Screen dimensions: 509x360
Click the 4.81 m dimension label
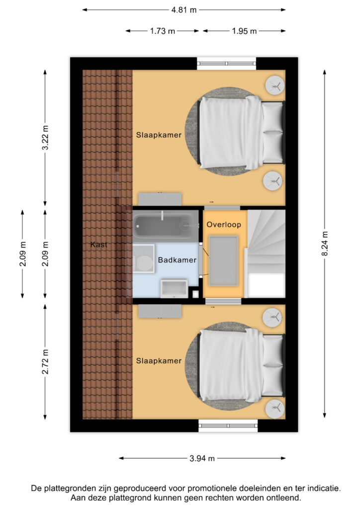tap(183, 9)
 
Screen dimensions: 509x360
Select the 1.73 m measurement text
tap(163, 31)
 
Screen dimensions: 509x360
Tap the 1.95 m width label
tap(244, 31)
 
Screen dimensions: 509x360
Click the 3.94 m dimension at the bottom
tap(202, 458)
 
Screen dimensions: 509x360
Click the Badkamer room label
tap(177, 259)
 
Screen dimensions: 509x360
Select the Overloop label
tap(224, 225)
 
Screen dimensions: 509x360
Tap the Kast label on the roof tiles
tap(99, 245)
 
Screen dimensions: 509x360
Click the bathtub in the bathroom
tap(163, 226)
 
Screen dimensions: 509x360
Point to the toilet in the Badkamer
tap(144, 262)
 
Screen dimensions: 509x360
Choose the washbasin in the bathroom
tap(174, 288)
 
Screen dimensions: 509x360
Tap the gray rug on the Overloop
tap(224, 260)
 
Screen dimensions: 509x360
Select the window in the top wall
tap(226, 63)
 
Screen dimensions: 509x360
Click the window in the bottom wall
tap(228, 425)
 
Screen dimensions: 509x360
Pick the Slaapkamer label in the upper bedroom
tap(159, 135)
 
